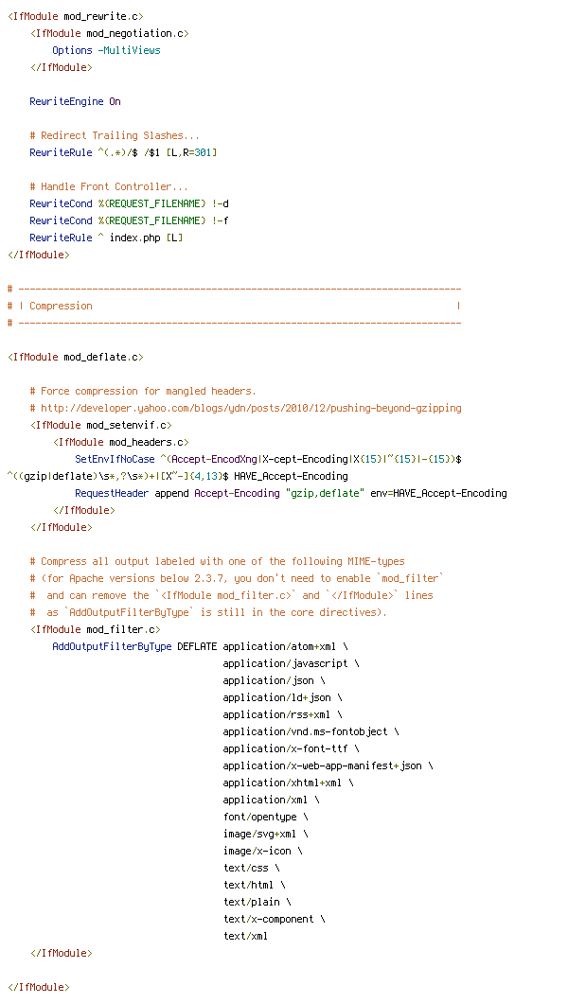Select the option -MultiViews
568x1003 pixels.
pos(129,50)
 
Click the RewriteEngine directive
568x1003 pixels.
pos(66,101)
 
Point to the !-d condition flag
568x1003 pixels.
pos(220,203)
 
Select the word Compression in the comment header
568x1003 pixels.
pos(61,306)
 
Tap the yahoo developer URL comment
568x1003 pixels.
pos(252,408)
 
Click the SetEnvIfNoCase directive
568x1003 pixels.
pos(115,459)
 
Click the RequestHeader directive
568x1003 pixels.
pos(112,493)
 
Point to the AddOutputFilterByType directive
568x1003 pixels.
pos(112,646)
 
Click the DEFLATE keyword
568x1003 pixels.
pos(197,646)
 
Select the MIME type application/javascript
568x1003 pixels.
pos(285,664)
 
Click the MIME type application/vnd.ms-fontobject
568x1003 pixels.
pos(305,731)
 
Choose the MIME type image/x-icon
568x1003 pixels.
pos(257,851)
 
